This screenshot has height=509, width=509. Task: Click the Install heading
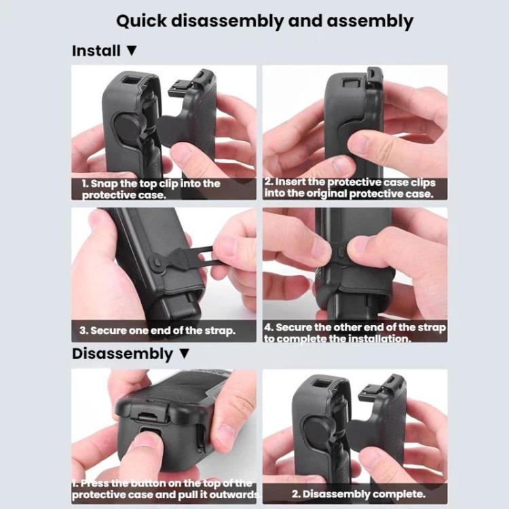[96, 51]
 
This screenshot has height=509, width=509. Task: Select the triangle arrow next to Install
[132, 51]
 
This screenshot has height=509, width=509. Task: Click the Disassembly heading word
[122, 354]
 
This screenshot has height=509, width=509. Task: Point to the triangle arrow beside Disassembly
[183, 354]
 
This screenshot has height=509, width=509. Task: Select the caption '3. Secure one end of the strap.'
[157, 331]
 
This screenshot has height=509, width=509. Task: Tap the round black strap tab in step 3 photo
[157, 261]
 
